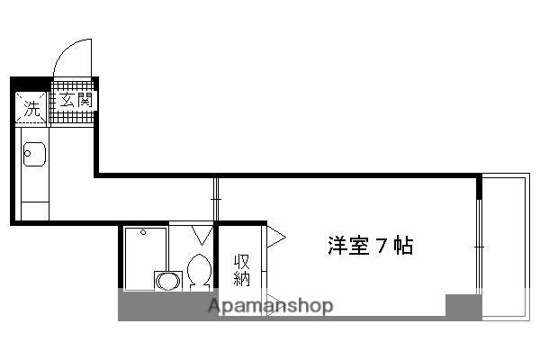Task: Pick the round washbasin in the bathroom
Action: coord(166,281)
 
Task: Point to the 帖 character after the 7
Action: coord(403,246)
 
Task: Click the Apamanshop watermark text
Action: coord(270,306)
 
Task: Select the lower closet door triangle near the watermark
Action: coord(274,302)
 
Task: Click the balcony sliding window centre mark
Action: coord(480,246)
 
